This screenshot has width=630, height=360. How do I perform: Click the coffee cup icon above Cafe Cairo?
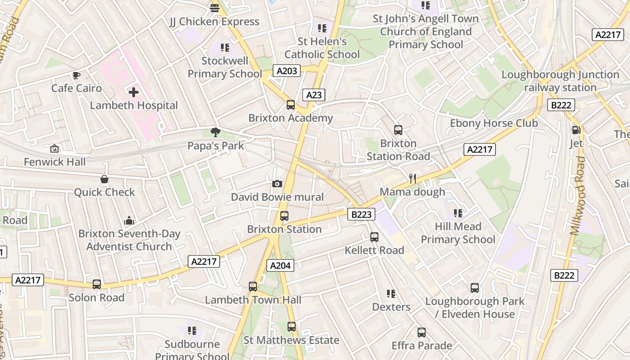tap(76, 75)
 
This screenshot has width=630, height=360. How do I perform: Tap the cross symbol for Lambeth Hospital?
tap(134, 92)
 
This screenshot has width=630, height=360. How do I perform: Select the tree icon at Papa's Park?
tap(216, 132)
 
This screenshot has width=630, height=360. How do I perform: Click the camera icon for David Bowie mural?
tap(277, 184)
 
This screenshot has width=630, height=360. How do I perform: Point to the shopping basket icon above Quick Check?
tap(104, 180)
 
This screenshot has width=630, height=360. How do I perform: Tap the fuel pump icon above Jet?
tap(576, 130)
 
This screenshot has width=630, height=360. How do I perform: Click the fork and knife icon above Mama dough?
tap(412, 179)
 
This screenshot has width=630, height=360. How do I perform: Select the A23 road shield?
tap(314, 94)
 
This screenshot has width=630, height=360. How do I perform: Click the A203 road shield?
tap(287, 71)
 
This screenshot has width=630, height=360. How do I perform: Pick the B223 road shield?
tap(361, 215)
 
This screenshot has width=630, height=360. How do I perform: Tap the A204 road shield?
tap(280, 265)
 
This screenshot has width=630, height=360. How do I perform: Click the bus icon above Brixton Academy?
tap(291, 105)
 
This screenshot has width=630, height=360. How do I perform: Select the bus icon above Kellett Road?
tap(374, 237)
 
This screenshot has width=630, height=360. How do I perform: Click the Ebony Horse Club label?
tap(494, 123)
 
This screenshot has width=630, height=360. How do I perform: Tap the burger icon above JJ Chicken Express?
tap(215, 8)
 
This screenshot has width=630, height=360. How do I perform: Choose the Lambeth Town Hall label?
tap(253, 300)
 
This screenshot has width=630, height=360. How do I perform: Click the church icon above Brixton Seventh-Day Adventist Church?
tap(129, 220)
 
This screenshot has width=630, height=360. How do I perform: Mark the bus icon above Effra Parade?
tap(422, 333)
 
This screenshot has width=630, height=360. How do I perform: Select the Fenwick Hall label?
tap(54, 162)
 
